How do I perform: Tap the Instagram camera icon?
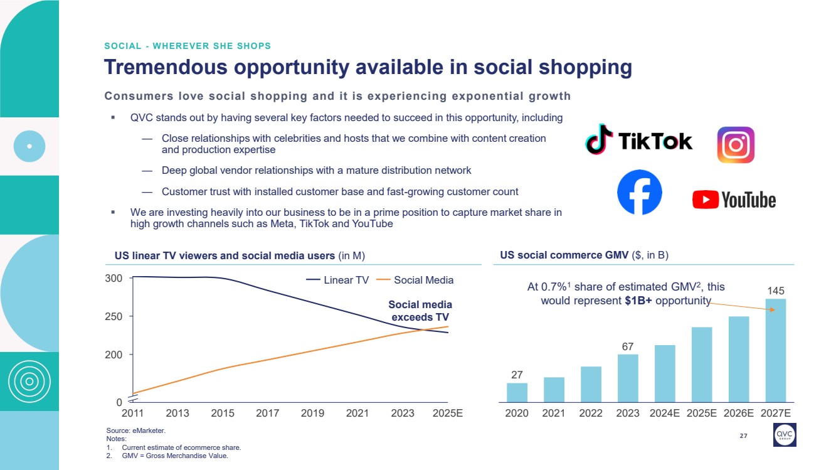click(x=736, y=145)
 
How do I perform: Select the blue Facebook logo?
click(x=639, y=192)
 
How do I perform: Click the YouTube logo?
click(x=734, y=200)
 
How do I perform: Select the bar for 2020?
click(x=517, y=392)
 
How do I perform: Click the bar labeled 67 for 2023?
click(x=628, y=378)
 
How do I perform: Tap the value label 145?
click(x=776, y=291)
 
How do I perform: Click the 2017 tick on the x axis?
click(x=268, y=413)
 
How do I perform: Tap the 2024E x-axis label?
click(x=664, y=413)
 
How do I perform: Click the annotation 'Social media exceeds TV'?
click(x=420, y=311)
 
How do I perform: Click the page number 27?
click(x=743, y=436)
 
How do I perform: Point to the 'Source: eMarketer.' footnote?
click(x=136, y=430)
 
